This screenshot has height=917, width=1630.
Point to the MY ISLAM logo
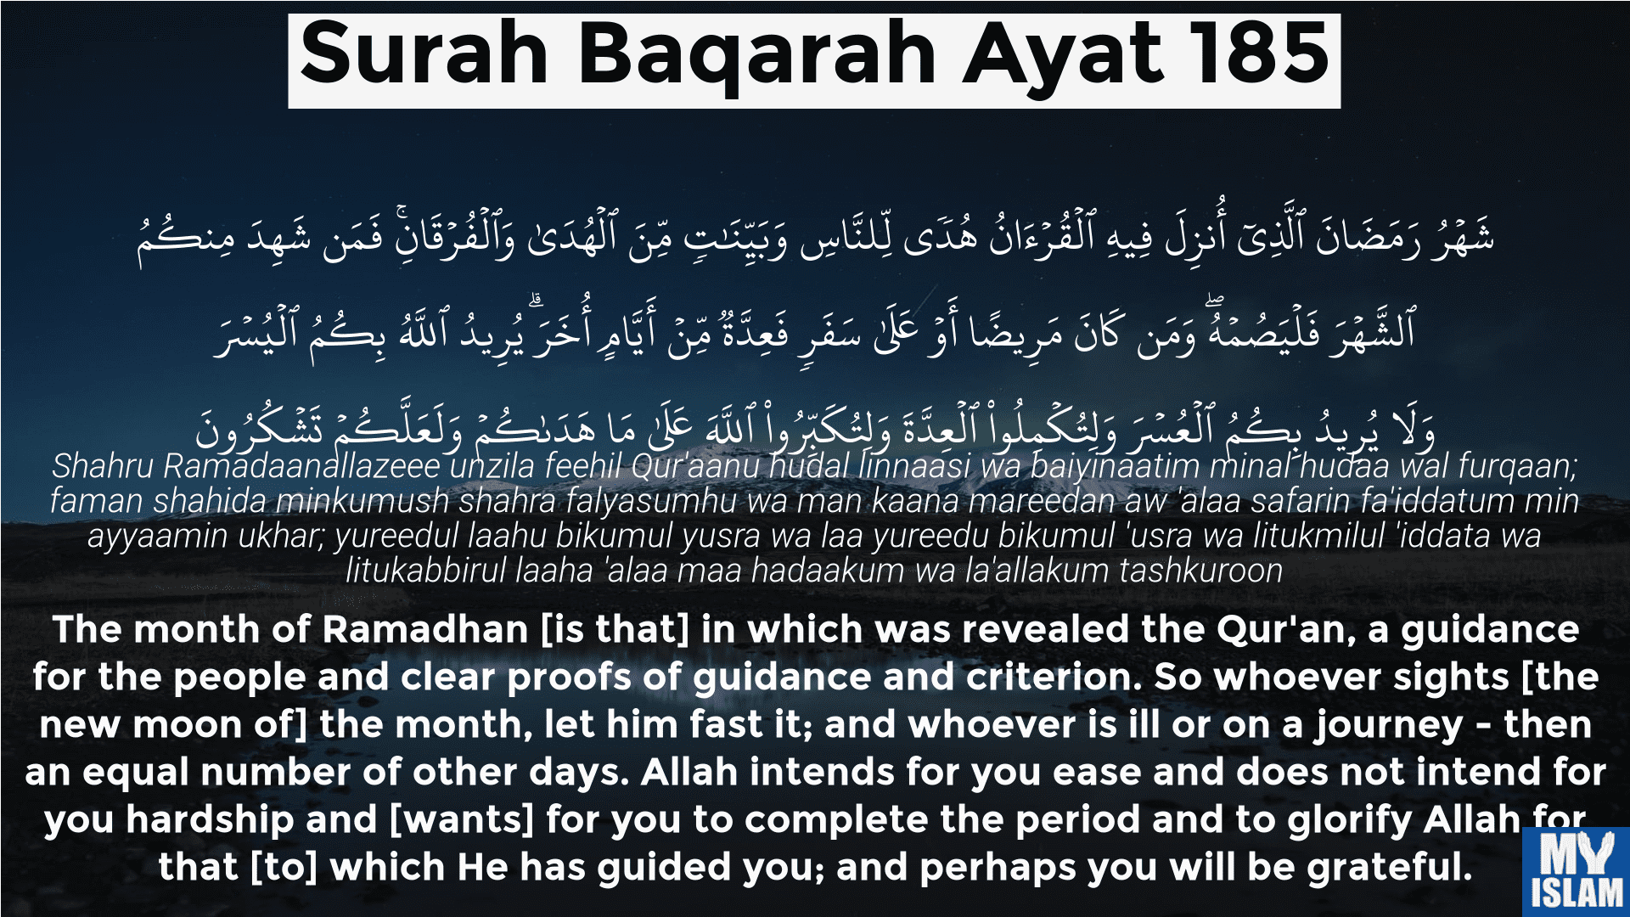tap(1576, 871)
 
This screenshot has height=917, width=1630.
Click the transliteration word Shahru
tap(103, 466)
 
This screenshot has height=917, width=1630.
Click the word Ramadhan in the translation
tap(425, 630)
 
